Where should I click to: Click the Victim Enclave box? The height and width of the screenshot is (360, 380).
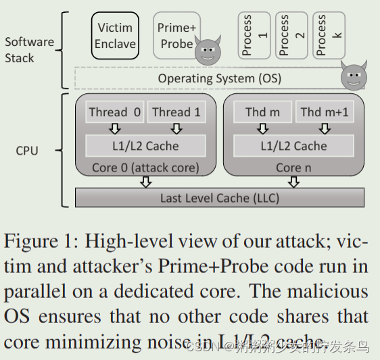[x=116, y=36]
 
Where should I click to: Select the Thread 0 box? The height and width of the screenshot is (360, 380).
[x=114, y=112]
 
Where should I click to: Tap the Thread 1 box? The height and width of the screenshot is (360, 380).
[x=176, y=112]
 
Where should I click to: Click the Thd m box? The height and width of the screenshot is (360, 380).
[x=262, y=112]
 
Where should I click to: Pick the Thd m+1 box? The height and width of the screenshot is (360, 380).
[x=324, y=112]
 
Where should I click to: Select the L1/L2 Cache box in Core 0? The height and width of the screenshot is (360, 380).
[x=145, y=145]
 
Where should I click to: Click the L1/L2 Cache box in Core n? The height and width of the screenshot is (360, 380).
[x=293, y=145]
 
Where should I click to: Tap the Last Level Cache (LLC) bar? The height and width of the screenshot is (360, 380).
[x=219, y=197]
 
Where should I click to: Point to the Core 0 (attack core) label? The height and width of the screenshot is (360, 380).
[x=145, y=168]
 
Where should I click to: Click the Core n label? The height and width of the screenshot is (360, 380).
[x=293, y=168]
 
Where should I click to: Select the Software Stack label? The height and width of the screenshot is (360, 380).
[x=29, y=49]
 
